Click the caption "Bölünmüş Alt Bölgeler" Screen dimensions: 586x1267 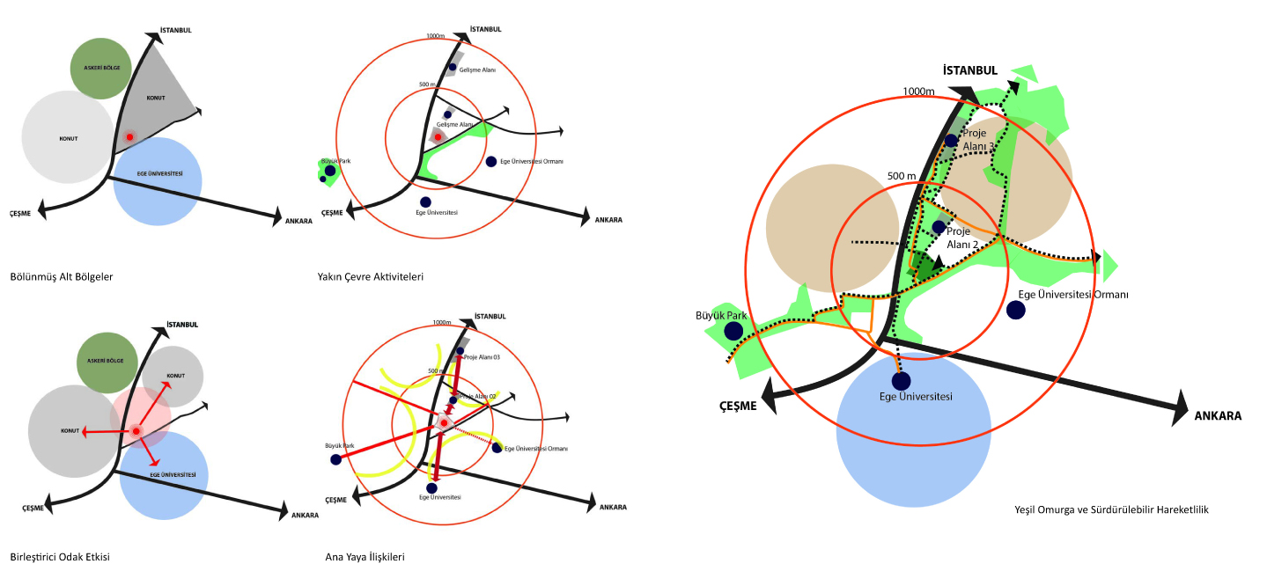click(x=62, y=276)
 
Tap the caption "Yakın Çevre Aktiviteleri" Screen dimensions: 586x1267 click(x=371, y=276)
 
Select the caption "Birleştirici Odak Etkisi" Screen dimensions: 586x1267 click(x=60, y=557)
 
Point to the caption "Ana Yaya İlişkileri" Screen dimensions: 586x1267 click(x=365, y=557)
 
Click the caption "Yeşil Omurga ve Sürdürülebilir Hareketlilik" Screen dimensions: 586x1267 click(x=1111, y=509)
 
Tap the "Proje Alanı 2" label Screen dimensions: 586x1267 click(x=963, y=238)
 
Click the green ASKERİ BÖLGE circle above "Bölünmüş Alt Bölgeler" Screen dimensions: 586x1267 click(x=101, y=69)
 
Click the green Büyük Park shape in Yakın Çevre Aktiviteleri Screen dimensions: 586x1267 click(x=328, y=171)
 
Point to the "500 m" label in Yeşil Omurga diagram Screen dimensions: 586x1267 click(x=902, y=176)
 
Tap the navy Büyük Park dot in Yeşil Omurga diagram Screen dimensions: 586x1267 click(x=733, y=331)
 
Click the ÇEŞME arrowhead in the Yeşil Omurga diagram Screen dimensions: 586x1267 click(x=773, y=394)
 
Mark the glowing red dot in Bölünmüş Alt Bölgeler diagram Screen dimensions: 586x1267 click(x=129, y=137)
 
